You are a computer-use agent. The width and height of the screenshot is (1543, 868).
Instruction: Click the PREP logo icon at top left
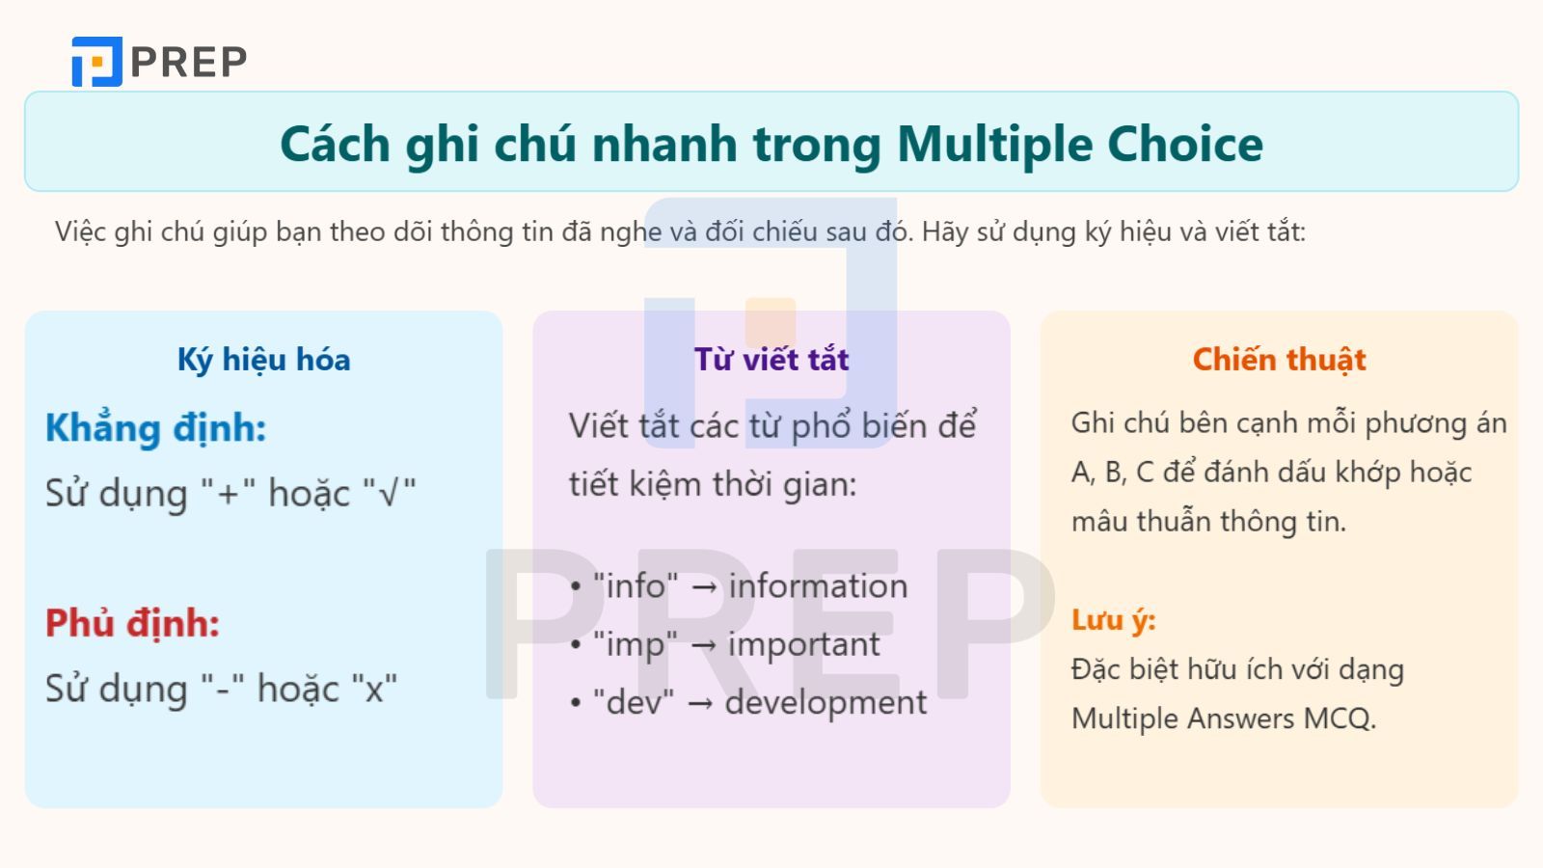pos(96,62)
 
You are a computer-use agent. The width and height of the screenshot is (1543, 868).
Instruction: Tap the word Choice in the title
pos(1185,145)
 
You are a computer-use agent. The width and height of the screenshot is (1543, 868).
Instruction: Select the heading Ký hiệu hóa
pos(263,360)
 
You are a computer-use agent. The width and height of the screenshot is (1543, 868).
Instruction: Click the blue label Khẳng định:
pos(155,428)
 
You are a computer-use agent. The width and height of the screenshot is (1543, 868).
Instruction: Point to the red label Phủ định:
pos(132,623)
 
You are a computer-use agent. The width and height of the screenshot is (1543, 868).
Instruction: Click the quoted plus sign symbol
pos(228,494)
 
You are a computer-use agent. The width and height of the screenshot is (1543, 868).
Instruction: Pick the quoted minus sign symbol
pos(223,690)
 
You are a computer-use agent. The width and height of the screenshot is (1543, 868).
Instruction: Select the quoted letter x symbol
pos(374,690)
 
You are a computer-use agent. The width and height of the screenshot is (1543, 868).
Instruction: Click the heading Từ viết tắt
pos(771,360)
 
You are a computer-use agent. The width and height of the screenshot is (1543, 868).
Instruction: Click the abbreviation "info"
pos(636,586)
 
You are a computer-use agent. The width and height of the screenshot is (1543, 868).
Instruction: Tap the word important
pos(803,644)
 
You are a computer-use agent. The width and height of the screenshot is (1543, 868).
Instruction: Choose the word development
pos(826,702)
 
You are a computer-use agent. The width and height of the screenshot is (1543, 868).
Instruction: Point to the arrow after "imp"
pos(703,645)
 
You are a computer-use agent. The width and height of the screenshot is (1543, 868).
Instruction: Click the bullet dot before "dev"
pos(576,703)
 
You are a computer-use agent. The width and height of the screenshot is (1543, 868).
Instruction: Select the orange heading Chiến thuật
pos(1279,360)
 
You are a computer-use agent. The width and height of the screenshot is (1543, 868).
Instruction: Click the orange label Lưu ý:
pos(1113,620)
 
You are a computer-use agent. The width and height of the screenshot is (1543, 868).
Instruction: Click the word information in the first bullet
pos(818,586)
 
